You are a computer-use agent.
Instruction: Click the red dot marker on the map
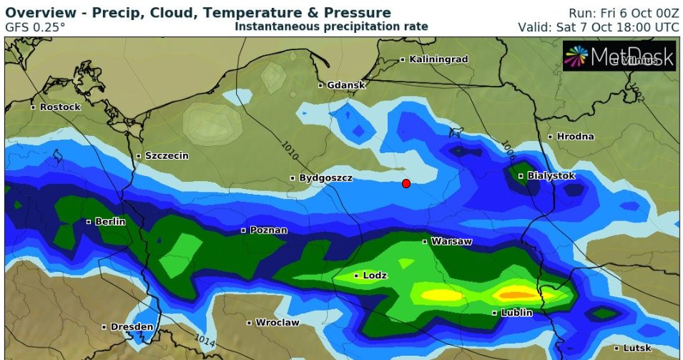pos(406,183)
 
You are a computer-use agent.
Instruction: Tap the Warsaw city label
pos(451,242)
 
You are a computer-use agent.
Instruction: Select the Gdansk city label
pos(345,85)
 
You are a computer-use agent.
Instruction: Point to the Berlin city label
pos(109,222)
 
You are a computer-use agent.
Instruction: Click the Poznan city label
pos(269,230)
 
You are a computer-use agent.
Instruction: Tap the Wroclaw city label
pos(277,323)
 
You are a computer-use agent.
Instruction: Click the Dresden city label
pos(132,327)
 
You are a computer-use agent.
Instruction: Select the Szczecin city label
pos(167,155)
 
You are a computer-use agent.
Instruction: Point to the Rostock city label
pos(60,107)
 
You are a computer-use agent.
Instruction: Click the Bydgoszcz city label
pos(325,177)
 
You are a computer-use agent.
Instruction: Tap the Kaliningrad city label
pos(438,59)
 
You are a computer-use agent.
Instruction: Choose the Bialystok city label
pos(550,176)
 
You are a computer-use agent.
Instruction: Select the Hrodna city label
pos(575,137)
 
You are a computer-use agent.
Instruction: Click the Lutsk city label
pos(637,348)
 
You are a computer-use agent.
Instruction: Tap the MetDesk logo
pos(619,57)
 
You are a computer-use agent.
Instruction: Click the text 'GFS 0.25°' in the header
pos(35,27)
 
